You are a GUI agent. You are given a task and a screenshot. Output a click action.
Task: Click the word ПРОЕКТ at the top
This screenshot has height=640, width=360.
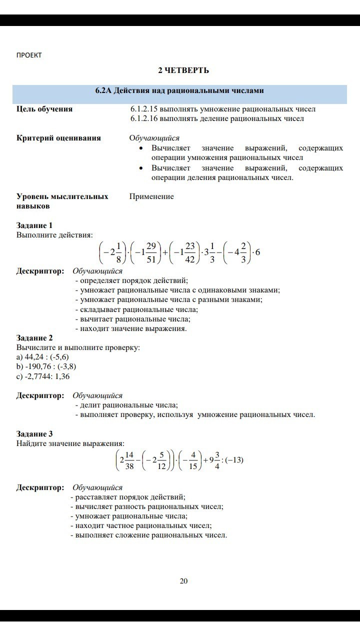(x=29, y=55)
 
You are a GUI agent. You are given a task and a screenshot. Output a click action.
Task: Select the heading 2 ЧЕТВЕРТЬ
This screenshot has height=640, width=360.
(x=183, y=70)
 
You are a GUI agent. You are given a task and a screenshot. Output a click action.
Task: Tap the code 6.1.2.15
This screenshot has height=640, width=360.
(x=144, y=109)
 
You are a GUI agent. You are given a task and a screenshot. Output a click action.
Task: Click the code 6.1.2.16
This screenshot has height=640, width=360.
(x=144, y=118)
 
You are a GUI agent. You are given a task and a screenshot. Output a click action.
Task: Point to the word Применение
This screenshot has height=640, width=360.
(x=151, y=196)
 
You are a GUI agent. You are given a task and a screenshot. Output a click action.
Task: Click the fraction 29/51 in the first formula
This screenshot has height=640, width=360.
(x=152, y=252)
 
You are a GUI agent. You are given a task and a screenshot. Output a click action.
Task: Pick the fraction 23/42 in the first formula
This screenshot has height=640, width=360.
(x=190, y=252)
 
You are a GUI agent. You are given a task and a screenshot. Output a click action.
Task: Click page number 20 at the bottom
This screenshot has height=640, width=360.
(x=183, y=581)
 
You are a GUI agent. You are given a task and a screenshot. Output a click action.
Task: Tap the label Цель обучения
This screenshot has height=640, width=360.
(x=44, y=109)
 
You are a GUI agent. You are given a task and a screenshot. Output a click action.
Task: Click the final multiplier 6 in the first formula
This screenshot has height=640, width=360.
(x=257, y=252)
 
